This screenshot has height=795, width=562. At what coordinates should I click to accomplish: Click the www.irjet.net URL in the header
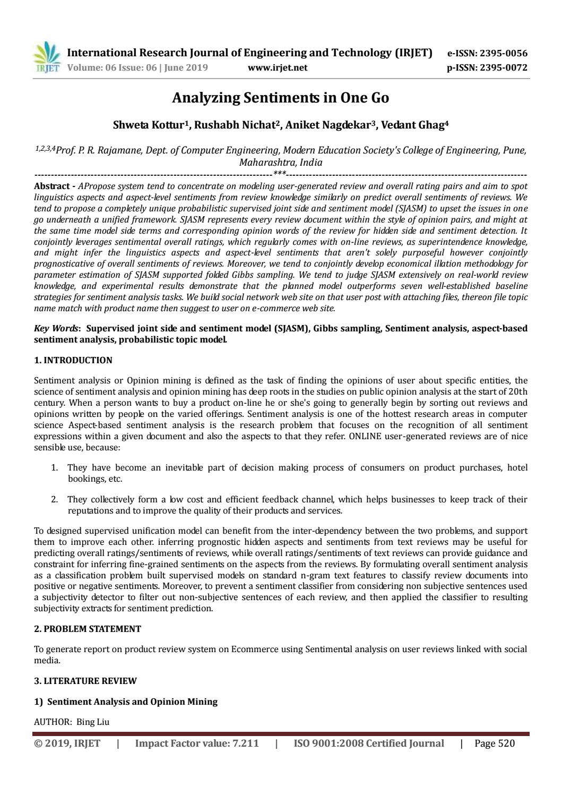click(x=278, y=67)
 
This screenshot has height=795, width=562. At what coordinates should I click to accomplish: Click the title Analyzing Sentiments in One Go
click(x=281, y=98)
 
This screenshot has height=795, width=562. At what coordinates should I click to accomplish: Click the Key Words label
click(x=54, y=328)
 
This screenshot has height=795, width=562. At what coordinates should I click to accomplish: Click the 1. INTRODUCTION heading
click(x=73, y=360)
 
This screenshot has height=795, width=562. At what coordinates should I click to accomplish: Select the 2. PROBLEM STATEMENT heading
click(x=88, y=629)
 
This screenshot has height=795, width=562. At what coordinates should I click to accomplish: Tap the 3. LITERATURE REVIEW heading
click(x=85, y=681)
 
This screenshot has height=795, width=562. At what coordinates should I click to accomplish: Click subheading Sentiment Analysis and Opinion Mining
click(x=132, y=702)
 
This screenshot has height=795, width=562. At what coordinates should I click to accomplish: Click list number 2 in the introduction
click(x=54, y=499)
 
